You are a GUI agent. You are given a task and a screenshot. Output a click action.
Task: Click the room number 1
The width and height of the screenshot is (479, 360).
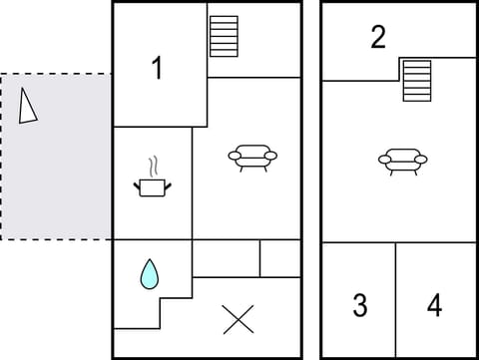[x=156, y=68]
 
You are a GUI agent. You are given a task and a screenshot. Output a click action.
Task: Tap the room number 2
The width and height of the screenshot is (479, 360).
[x=377, y=38]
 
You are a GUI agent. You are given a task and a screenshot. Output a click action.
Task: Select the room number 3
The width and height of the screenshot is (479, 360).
[x=360, y=305]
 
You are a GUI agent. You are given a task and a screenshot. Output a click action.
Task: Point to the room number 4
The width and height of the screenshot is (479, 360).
[x=434, y=305]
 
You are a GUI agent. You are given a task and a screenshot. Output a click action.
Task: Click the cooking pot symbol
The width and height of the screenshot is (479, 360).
[x=151, y=186]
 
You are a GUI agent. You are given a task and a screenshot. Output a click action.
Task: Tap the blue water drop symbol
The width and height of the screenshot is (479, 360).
[x=149, y=273]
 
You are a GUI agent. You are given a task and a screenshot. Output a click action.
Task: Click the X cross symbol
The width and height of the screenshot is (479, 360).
[x=238, y=319]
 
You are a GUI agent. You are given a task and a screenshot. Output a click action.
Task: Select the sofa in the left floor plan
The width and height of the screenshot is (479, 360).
[x=252, y=157]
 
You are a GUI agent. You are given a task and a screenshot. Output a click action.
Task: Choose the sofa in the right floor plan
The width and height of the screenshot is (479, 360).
[x=402, y=160]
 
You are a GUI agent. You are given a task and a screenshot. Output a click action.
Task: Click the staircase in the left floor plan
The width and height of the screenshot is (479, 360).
[x=224, y=36]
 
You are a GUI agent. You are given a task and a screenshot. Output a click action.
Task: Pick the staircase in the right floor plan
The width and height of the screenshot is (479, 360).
[x=417, y=80]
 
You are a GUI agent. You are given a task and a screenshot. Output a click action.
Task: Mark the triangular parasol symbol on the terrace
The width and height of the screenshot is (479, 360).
[x=28, y=105]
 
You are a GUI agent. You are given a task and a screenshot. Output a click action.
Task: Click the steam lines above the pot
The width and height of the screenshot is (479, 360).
[x=153, y=165]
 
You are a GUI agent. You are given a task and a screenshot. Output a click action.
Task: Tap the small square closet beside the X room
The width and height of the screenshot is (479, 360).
[x=279, y=258]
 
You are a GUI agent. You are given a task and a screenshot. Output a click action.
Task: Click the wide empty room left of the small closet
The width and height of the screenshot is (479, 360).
[x=226, y=258]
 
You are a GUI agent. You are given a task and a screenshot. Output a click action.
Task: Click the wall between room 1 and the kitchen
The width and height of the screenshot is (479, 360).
[x=160, y=127]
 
